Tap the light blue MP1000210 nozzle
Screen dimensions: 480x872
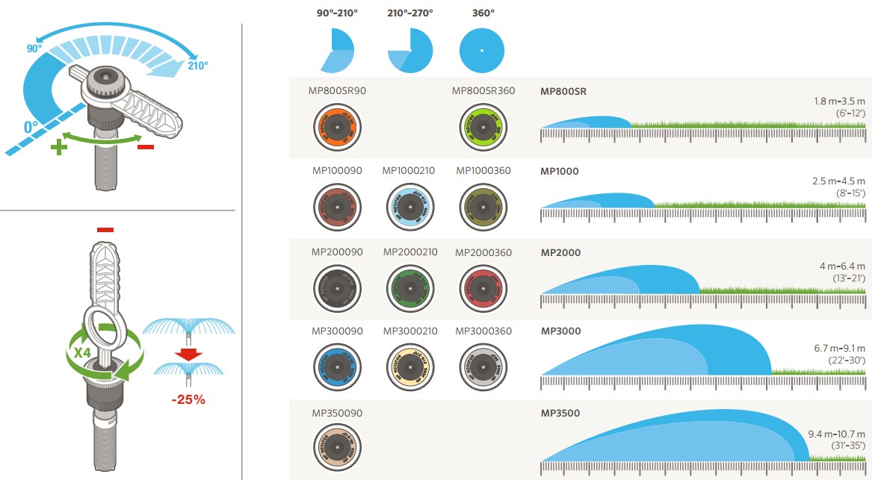[x=409, y=204]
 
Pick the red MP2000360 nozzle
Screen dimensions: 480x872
[x=483, y=285]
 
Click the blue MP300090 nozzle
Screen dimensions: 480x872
[x=337, y=365]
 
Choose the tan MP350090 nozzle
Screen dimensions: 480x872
[x=337, y=446]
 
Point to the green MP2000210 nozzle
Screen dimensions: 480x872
[x=409, y=285]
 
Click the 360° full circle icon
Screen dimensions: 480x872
[x=482, y=51]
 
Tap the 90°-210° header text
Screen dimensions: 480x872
[x=336, y=13]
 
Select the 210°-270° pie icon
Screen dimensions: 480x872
[x=410, y=51]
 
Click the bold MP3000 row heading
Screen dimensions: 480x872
[x=560, y=331]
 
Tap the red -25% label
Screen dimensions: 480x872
[x=188, y=399]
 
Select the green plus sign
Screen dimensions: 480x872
[x=58, y=147]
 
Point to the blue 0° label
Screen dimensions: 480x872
[x=31, y=127]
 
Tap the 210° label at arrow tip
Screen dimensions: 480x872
[x=198, y=65]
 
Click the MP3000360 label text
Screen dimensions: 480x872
[x=483, y=331]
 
